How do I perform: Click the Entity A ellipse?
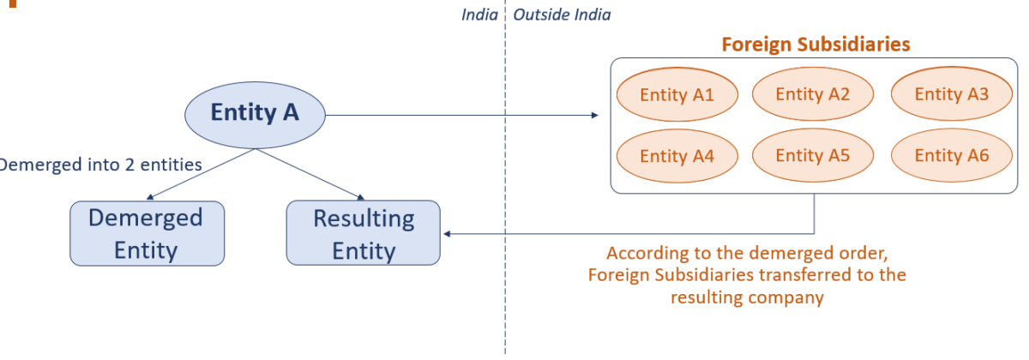[255, 113]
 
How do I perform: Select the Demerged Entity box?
[147, 233]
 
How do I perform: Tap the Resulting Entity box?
[363, 233]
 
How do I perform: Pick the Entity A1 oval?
[677, 94]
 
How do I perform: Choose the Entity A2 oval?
[812, 94]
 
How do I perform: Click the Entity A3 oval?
[951, 94]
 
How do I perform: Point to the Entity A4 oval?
[677, 156]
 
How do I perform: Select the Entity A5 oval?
[812, 156]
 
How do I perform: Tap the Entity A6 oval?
[951, 156]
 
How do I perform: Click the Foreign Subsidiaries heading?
[815, 44]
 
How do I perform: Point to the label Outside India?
[562, 15]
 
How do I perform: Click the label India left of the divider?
[479, 15]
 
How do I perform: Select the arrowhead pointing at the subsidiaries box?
[595, 115]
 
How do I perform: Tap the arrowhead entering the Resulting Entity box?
[446, 233]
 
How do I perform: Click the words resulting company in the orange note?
[747, 298]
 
